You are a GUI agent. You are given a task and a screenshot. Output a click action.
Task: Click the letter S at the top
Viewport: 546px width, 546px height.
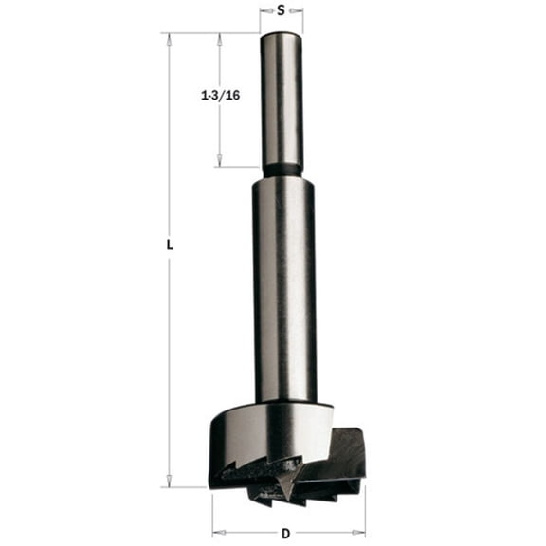click(282, 10)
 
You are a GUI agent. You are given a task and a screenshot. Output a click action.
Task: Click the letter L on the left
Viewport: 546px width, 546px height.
click(170, 245)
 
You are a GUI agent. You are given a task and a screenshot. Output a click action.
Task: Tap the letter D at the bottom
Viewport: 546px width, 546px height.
click(288, 533)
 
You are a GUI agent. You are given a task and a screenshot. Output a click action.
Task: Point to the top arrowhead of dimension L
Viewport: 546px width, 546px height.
click(170, 38)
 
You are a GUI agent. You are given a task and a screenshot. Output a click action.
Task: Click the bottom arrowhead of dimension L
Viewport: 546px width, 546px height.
click(170, 482)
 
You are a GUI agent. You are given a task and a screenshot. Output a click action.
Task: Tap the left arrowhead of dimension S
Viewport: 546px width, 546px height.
click(264, 11)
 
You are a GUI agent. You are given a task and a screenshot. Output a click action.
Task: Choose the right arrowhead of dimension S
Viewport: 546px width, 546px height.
click(300, 11)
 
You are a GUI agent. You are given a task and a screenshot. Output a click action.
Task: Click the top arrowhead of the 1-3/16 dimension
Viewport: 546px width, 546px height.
click(220, 38)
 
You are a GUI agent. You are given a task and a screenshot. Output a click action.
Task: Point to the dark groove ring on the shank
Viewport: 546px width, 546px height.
click(282, 172)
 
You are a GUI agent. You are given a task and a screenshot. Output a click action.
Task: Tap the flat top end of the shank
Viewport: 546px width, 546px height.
click(282, 35)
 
